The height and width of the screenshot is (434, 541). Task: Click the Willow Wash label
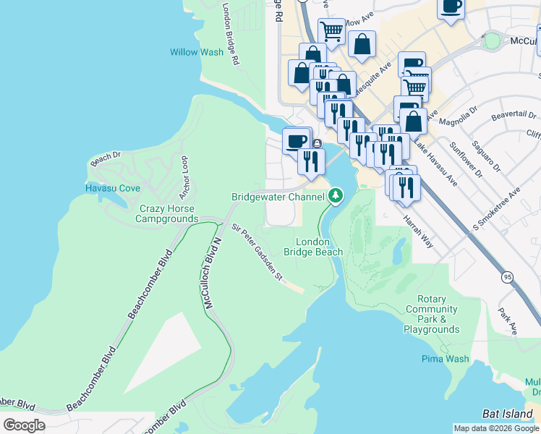[197, 52]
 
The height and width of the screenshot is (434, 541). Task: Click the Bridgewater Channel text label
[278, 197]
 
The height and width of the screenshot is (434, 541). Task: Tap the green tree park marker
[336, 195]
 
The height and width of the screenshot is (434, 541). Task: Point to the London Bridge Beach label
[312, 247]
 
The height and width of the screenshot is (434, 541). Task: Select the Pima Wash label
[446, 359]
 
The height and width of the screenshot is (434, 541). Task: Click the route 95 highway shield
[507, 276]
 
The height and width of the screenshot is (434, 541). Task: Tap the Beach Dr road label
[106, 156]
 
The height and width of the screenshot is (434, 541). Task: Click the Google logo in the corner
[24, 425]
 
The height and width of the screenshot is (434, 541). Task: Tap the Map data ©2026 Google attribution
[496, 428]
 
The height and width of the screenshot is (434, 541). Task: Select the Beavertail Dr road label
[514, 115]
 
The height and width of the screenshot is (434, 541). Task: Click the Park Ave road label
[507, 322]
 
